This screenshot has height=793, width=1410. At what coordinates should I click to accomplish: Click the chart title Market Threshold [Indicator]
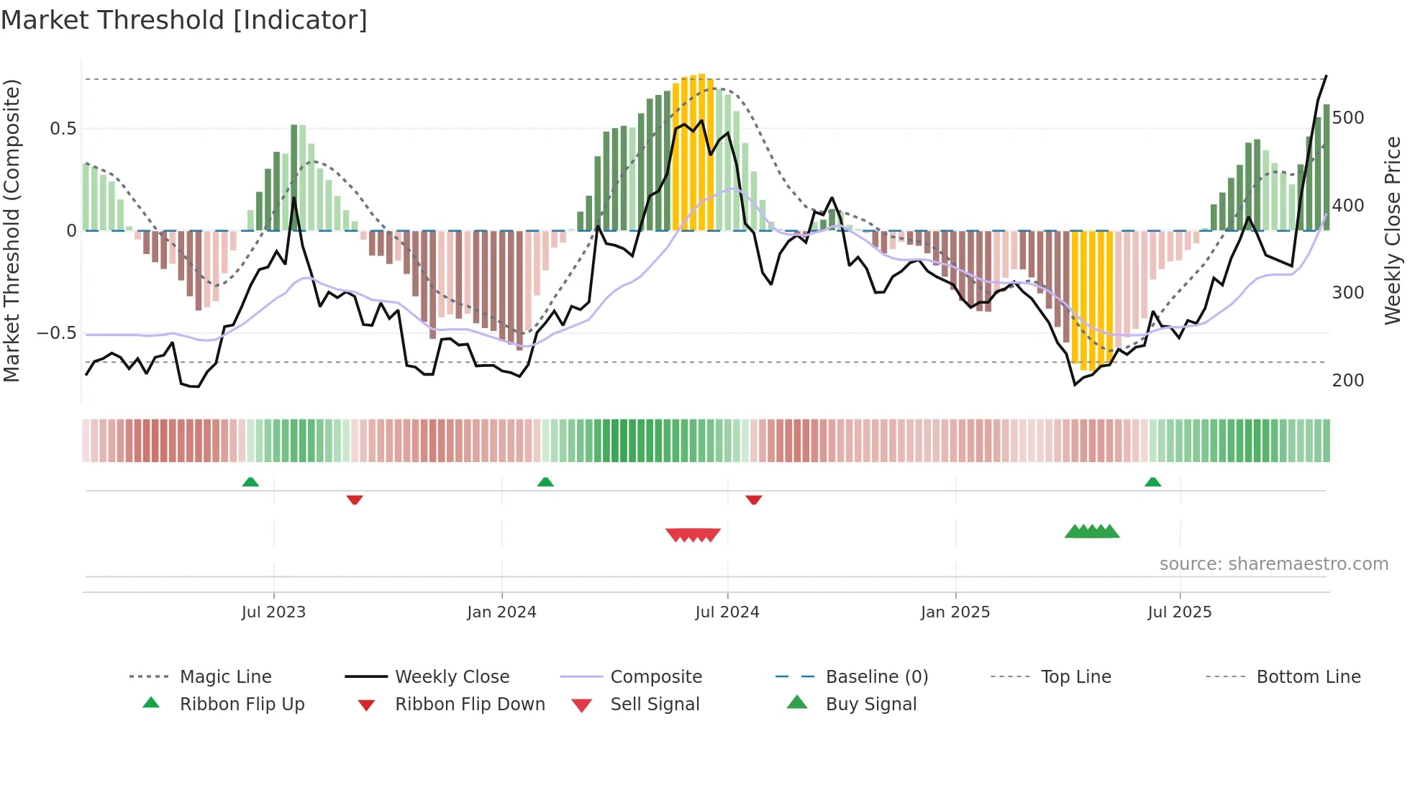coord(184,20)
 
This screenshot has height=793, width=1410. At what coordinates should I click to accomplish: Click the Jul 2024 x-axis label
coord(727,612)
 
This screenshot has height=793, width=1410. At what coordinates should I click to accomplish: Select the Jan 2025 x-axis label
coord(955,612)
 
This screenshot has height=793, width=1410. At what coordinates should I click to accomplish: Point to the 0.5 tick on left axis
coord(63,129)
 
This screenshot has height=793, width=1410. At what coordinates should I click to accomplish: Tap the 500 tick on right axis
coord(1347,118)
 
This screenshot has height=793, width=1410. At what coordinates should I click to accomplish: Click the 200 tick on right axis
coord(1347,381)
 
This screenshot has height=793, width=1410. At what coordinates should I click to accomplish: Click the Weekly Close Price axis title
coord(1393,230)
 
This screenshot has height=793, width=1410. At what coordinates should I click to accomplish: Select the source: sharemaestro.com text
coord(1273,564)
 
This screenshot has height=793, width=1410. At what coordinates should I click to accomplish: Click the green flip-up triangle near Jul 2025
coord(1152,482)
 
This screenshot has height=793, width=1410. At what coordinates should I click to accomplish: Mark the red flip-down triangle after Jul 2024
coord(753,499)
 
